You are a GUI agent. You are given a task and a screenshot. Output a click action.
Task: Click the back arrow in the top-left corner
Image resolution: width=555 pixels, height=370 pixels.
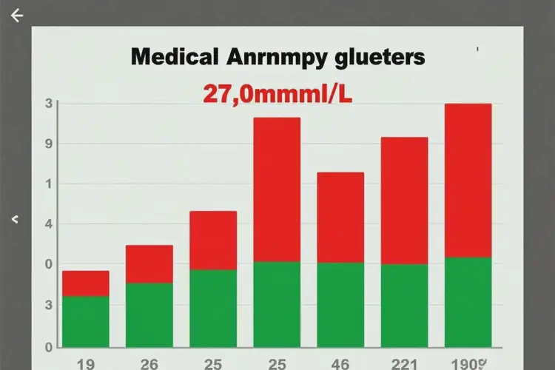17,16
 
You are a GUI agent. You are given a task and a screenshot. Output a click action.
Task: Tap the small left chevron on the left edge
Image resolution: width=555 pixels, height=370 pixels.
15,220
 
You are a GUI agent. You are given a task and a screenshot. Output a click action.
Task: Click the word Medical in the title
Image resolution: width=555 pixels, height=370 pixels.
174,57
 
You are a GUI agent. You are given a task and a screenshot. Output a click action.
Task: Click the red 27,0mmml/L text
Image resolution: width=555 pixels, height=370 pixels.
277,94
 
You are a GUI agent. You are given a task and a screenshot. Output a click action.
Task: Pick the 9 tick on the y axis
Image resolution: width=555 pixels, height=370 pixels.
48,143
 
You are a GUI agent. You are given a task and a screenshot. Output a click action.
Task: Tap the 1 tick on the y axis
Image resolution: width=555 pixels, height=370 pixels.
48,184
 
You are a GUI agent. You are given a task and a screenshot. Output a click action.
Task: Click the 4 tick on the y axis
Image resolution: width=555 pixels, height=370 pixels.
48,223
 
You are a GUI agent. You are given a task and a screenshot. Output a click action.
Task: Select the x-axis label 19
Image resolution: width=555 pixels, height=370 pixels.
85,362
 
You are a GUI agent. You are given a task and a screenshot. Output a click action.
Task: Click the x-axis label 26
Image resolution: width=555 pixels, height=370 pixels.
149,362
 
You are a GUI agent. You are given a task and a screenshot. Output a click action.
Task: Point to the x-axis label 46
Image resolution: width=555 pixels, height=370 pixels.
340,362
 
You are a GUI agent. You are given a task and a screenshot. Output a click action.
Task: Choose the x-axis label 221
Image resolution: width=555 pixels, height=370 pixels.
404,362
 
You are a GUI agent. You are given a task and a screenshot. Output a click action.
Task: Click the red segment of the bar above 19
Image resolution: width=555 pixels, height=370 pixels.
86,283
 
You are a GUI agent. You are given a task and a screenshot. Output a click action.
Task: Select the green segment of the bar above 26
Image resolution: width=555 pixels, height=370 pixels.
149,314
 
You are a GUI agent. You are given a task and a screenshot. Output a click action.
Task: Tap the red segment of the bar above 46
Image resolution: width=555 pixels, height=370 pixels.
340,218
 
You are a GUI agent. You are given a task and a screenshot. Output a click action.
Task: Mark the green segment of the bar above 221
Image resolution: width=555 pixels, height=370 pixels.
404,306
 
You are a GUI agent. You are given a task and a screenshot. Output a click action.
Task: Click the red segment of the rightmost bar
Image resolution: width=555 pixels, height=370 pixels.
468,180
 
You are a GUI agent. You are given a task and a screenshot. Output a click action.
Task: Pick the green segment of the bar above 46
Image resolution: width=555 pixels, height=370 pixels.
340,305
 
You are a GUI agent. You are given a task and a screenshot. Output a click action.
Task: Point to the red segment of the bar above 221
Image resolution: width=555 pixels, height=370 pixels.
404,201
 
